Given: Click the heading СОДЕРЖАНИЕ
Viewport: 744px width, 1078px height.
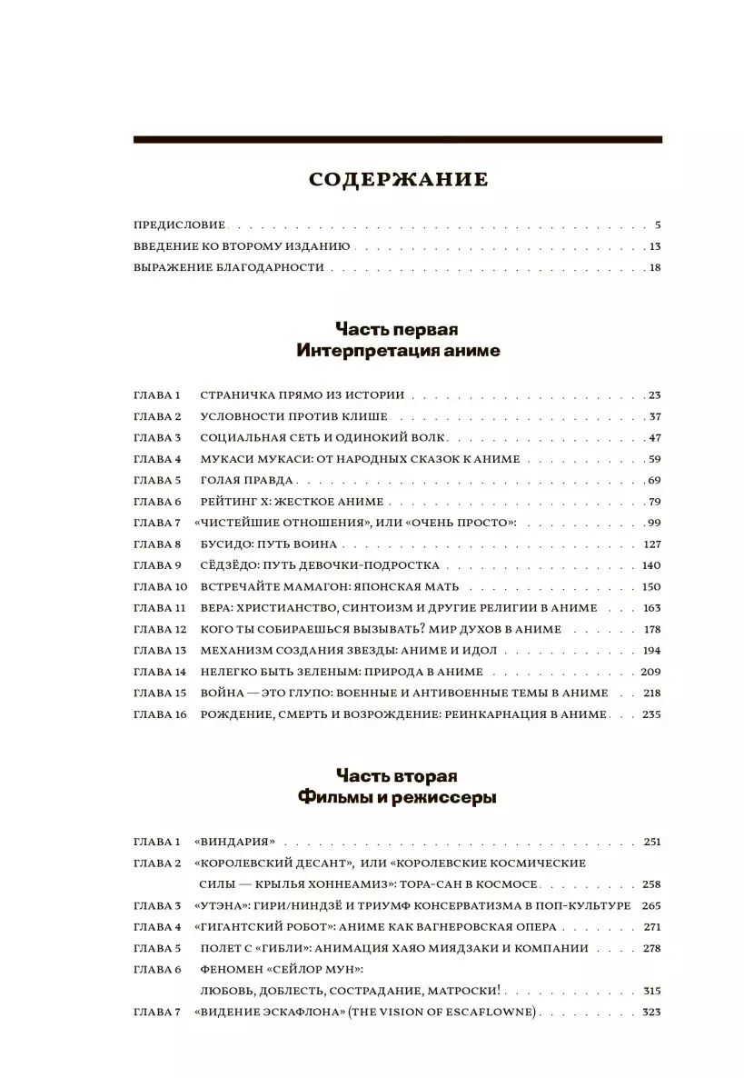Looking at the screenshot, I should click(x=398, y=179).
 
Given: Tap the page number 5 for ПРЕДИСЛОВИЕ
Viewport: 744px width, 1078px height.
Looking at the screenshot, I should click(x=658, y=225).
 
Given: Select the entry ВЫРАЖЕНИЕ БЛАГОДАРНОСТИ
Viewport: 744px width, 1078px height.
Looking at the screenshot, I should click(x=228, y=267).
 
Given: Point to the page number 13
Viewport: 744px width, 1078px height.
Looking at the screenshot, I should click(x=655, y=246).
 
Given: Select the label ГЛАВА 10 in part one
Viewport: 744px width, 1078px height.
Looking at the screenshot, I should click(x=159, y=586).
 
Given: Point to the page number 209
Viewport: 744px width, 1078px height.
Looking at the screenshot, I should click(x=650, y=672).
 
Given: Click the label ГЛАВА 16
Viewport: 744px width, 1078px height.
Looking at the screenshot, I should click(x=159, y=714).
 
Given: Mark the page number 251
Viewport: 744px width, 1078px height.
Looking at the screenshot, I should click(x=651, y=842).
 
